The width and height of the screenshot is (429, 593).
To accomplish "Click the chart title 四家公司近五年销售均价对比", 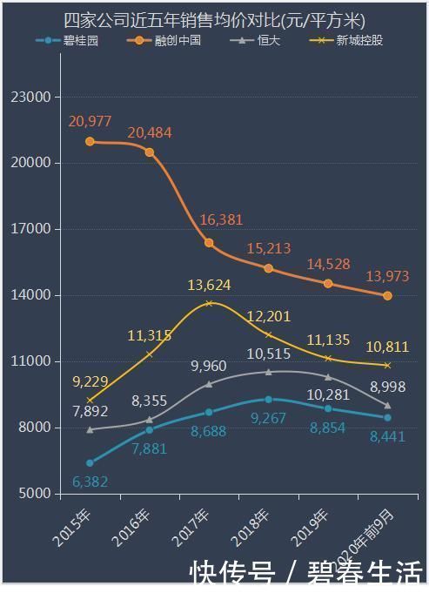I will coord(214,20).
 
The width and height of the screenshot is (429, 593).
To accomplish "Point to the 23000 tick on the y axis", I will coord(30,97).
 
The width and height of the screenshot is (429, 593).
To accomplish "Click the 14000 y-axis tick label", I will coord(30,295).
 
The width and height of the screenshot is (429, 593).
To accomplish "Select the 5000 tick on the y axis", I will coord(34,494).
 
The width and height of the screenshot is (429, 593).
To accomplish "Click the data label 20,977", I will coord(90,121).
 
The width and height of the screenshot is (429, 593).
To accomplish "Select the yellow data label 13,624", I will coord(210,285).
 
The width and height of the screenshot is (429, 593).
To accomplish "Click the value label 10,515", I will coord(269,354).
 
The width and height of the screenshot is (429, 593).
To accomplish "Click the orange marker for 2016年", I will coord(150,152).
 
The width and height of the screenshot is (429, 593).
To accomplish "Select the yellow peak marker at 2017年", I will coord(209,303).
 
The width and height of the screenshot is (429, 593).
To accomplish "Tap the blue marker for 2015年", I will coord(90,462).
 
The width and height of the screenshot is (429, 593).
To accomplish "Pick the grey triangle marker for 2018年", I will coord(268,372).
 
